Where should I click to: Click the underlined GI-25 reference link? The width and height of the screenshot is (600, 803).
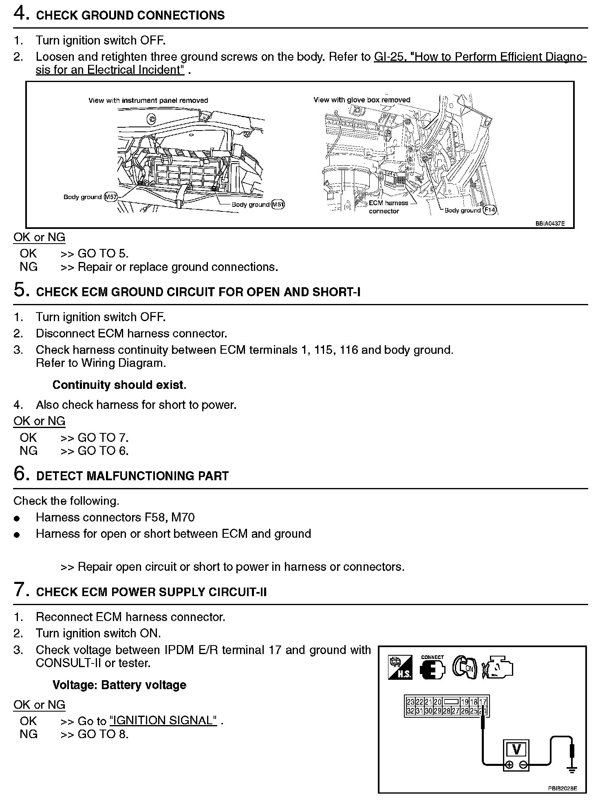480,57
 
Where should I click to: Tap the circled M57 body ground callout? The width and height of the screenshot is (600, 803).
111,197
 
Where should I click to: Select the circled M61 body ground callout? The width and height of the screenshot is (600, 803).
278,204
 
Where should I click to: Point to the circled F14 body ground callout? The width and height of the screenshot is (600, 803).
489,211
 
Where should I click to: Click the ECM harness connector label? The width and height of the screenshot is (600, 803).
388,207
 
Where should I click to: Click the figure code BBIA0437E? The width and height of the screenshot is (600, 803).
550,224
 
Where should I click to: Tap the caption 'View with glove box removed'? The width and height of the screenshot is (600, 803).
362,100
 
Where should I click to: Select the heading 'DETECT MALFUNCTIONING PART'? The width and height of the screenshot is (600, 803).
132,476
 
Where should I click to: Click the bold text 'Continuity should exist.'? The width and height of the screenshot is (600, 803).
119,385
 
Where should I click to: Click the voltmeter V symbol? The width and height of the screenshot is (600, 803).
516,750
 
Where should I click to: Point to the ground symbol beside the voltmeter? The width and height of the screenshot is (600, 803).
572,770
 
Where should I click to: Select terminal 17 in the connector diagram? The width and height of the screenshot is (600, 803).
483,702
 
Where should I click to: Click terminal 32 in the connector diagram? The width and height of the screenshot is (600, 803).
410,711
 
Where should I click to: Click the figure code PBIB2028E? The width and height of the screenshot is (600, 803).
562,789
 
